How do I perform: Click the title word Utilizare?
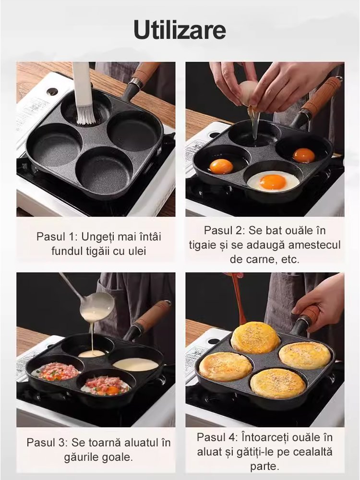coord(180,30)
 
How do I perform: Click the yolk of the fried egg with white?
coord(273,182)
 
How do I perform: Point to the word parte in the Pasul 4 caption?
coord(264,466)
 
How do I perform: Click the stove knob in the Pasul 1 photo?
coord(52,91)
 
